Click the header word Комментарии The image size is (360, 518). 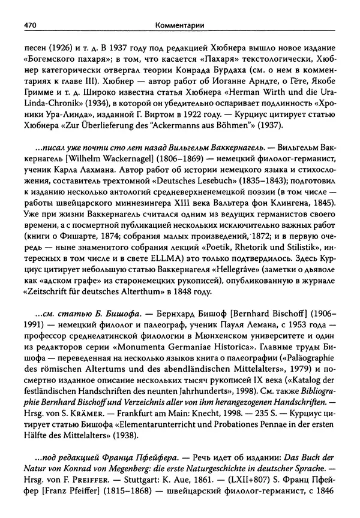pos(179,26)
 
